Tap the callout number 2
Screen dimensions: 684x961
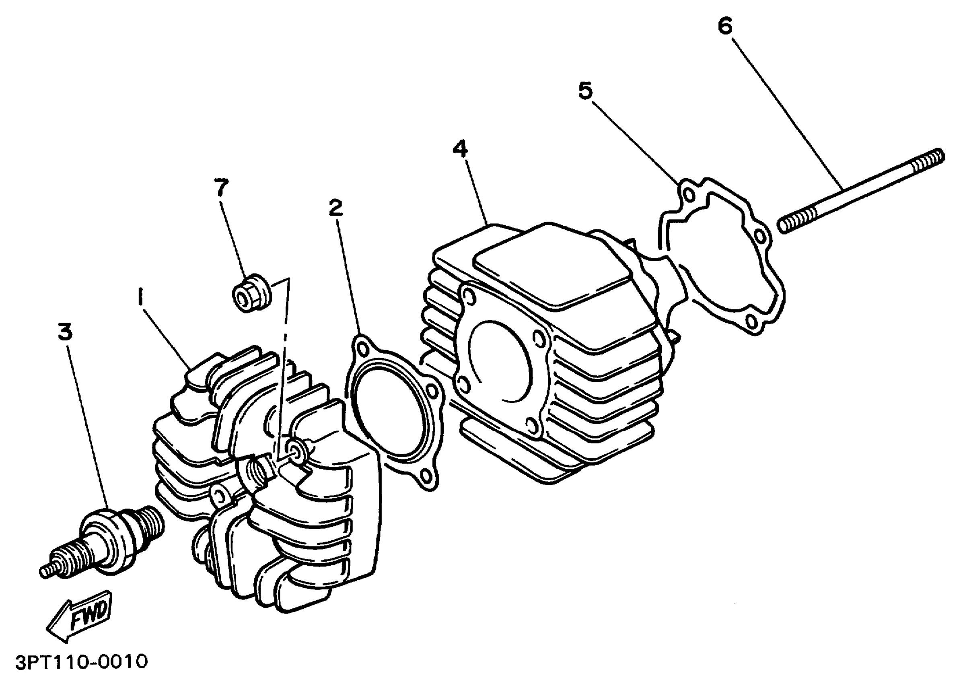pyautogui.click(x=335, y=208)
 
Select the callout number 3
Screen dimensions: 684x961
pyautogui.click(x=65, y=332)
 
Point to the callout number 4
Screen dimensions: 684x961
pyautogui.click(x=460, y=149)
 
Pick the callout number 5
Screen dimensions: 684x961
pyautogui.click(x=585, y=91)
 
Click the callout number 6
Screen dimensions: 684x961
pyautogui.click(x=725, y=26)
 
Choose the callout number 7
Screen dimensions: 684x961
pyautogui.click(x=221, y=187)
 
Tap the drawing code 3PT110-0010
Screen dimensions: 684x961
pyautogui.click(x=82, y=662)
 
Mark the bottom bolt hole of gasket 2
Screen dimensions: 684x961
pyautogui.click(x=427, y=476)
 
